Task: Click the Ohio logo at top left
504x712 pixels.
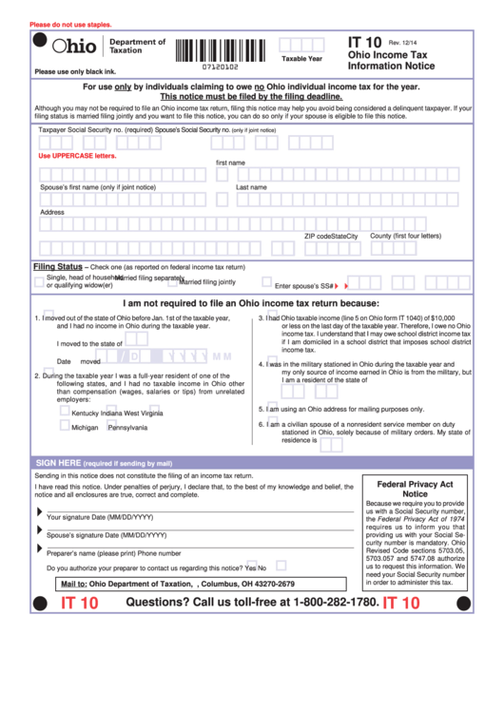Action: (x=74, y=47)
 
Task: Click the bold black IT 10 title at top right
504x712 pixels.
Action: (x=364, y=43)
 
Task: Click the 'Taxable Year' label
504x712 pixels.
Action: (x=301, y=59)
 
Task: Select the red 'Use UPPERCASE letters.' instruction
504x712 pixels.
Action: (x=77, y=155)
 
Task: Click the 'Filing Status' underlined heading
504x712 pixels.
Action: (x=58, y=267)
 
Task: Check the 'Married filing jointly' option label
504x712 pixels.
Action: (x=207, y=282)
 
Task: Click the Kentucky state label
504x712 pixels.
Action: (x=85, y=414)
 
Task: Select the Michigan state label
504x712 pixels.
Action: (x=85, y=428)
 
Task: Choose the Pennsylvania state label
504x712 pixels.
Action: (x=127, y=428)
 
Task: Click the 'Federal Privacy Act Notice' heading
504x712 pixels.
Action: (x=415, y=489)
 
